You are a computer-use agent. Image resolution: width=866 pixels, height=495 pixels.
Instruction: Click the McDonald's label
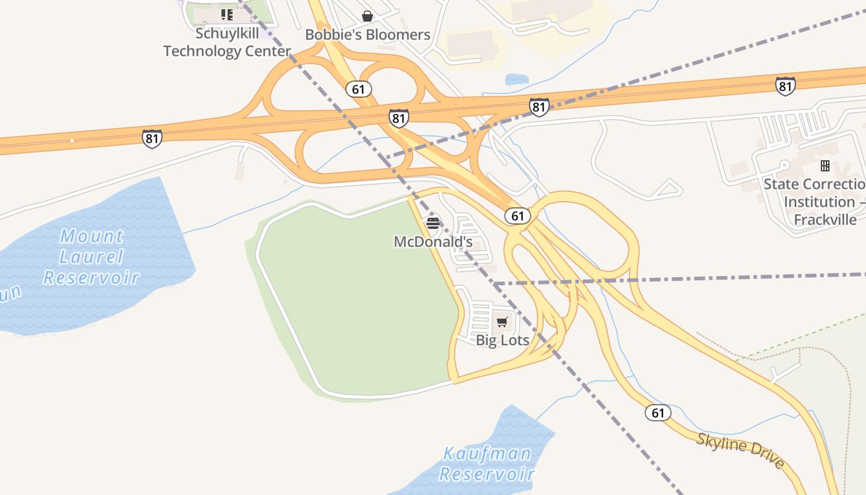(x=433, y=242)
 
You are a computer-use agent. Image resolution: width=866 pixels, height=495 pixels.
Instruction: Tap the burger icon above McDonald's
(x=433, y=223)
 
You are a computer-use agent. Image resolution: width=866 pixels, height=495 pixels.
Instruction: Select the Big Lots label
(x=502, y=340)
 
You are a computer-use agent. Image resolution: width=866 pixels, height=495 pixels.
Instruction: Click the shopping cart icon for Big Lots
(x=502, y=322)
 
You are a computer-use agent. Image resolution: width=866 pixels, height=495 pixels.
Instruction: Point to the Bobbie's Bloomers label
(x=367, y=35)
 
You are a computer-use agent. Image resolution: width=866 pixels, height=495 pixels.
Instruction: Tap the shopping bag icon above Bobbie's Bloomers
(x=367, y=16)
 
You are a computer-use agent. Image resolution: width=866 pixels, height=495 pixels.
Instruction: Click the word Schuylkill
(x=227, y=33)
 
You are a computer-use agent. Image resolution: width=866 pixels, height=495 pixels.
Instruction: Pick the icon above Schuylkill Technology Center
(x=227, y=14)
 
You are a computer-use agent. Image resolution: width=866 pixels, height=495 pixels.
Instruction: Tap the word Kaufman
(x=487, y=454)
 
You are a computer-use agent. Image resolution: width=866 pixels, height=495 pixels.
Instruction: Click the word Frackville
(x=825, y=220)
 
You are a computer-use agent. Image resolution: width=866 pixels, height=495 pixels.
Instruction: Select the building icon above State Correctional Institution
(x=825, y=166)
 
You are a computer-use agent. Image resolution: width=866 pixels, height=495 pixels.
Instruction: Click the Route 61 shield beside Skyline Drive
(x=658, y=413)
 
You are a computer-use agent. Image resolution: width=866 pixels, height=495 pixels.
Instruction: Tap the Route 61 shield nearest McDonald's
(x=517, y=216)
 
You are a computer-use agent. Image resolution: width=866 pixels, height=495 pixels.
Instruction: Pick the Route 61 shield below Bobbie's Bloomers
(x=358, y=89)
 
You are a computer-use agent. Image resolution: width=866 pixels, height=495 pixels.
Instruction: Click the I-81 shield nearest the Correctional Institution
(x=785, y=86)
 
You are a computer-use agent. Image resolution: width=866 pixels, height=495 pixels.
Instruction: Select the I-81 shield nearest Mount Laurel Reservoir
(x=152, y=138)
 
